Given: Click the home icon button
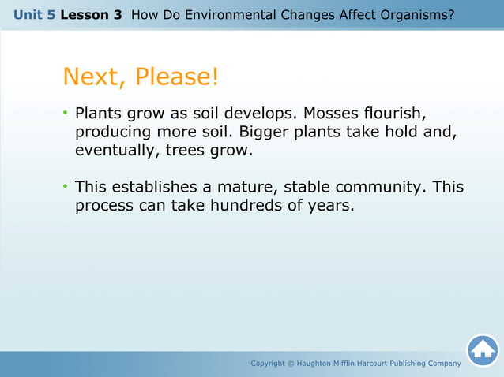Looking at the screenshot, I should click(483, 350).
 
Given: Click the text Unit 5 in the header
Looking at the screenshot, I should click(34, 15).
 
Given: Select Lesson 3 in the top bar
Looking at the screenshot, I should click(90, 15).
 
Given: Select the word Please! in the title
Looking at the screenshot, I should click(176, 77).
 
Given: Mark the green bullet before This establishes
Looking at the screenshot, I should click(66, 188).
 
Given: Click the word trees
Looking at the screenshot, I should click(186, 150).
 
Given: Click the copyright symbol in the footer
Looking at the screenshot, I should click(289, 364).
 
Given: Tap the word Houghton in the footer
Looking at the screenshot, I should click(322, 364).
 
